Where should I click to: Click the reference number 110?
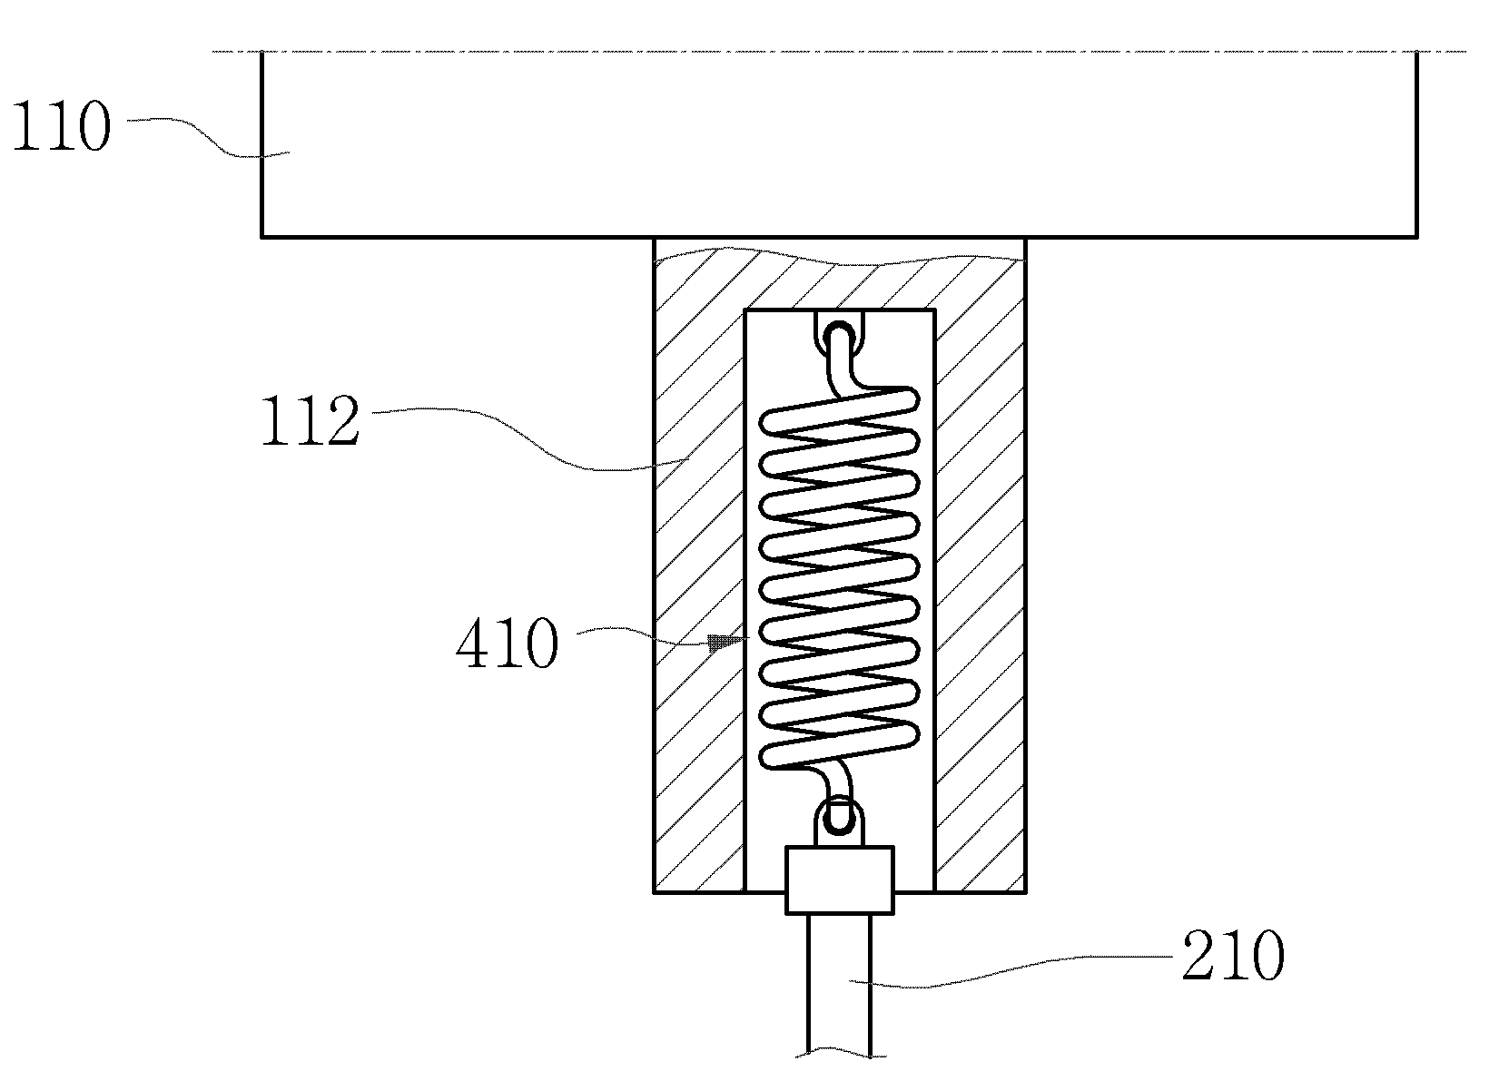click(x=61, y=125)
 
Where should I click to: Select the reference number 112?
click(x=311, y=419)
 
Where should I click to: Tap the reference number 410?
click(x=508, y=642)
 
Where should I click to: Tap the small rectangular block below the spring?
click(x=840, y=880)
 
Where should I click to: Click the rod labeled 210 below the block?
click(x=840, y=985)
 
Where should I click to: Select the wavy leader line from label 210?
click(x=1011, y=971)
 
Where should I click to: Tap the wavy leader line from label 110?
click(x=208, y=138)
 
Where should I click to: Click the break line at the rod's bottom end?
click(x=840, y=1054)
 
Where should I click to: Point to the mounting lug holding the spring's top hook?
click(x=840, y=330)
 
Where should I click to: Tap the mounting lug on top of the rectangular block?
click(x=840, y=824)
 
